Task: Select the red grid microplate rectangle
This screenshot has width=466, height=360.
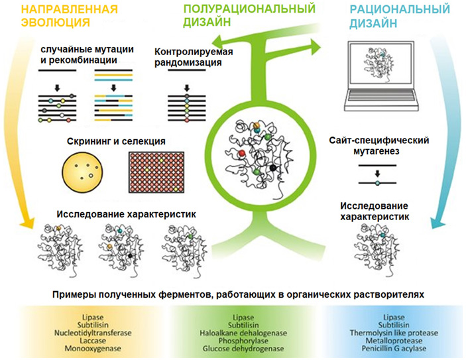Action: pos(163,172)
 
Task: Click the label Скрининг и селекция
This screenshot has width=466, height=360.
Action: pos(116,141)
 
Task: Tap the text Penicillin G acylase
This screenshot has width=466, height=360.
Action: pos(394,348)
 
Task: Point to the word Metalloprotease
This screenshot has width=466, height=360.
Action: pos(394,339)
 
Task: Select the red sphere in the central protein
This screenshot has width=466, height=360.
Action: pos(242,152)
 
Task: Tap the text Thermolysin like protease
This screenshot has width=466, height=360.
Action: pos(394,331)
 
